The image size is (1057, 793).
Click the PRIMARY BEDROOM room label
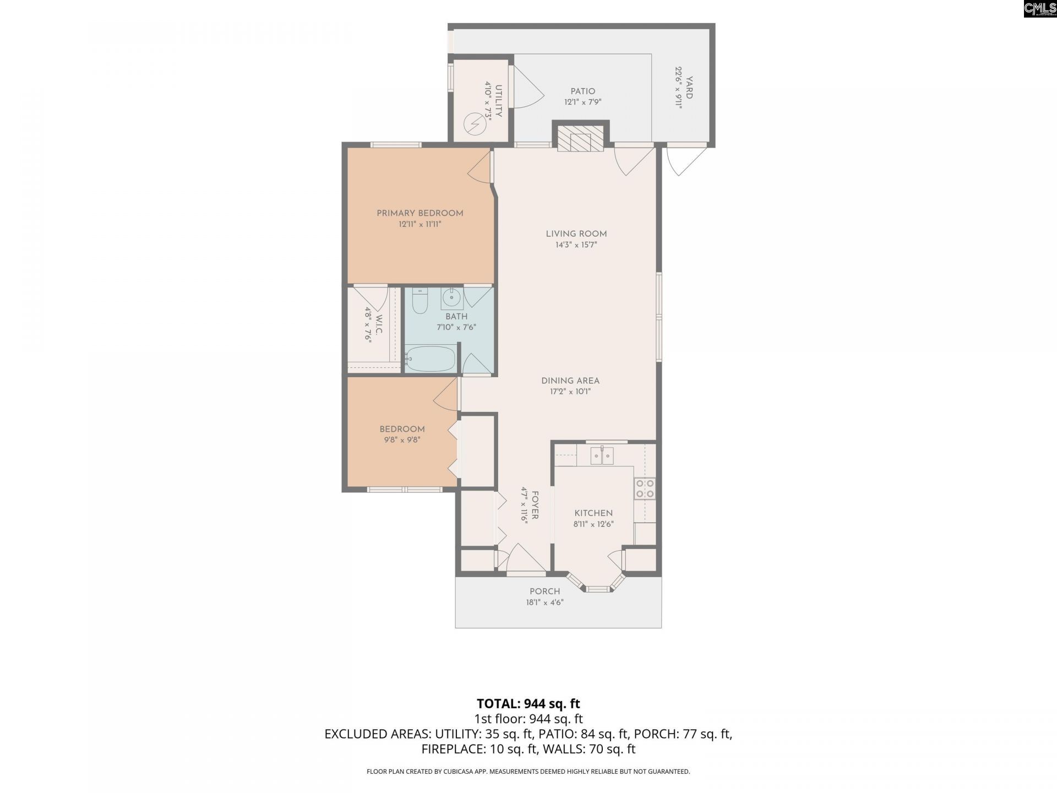(x=419, y=213)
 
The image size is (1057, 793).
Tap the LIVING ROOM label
(x=576, y=234)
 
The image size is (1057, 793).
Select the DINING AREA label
(x=570, y=381)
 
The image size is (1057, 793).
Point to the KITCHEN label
(x=593, y=513)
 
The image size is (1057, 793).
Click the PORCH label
(x=544, y=591)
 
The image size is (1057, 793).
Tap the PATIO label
(x=582, y=91)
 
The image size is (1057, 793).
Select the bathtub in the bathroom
(x=431, y=359)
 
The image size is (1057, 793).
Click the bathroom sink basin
(x=451, y=298)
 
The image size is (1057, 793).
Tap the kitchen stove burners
(x=645, y=488)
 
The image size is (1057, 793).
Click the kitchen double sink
(x=602, y=456)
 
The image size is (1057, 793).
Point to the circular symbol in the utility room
(x=474, y=124)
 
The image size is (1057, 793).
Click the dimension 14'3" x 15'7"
(x=576, y=245)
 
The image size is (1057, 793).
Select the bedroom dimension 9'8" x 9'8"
(x=402, y=440)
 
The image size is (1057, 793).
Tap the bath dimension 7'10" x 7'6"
(x=456, y=327)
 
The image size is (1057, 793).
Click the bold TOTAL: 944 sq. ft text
(x=528, y=703)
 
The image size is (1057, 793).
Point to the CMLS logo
(x=1040, y=9)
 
